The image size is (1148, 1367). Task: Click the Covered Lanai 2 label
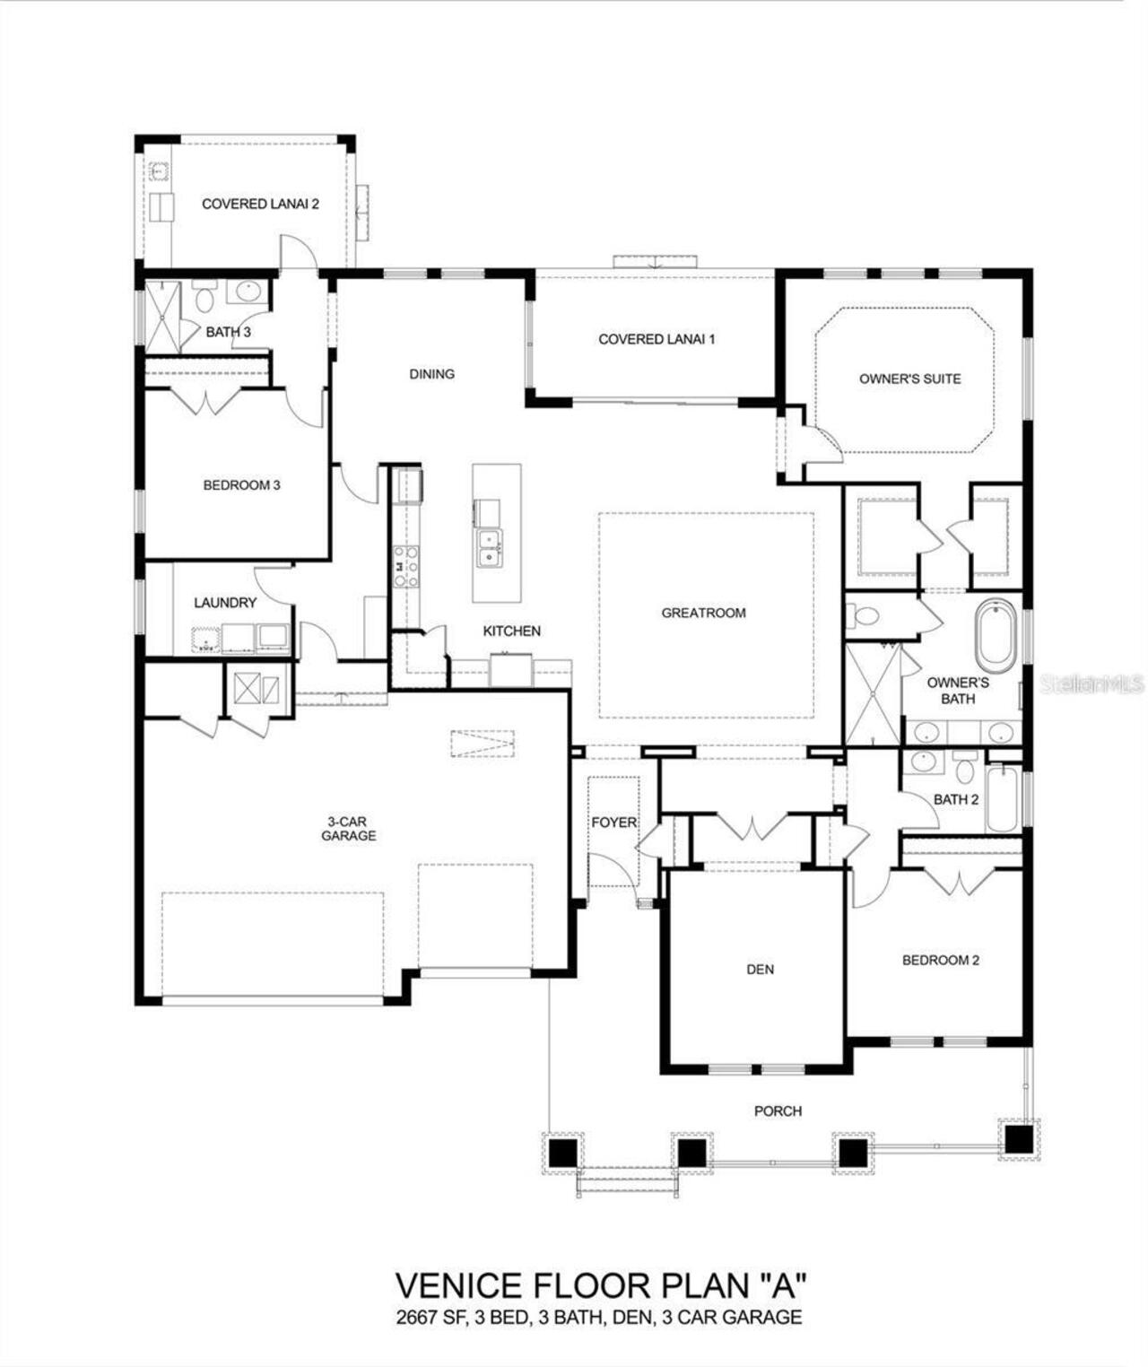click(x=260, y=204)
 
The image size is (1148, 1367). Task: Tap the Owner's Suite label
click(x=909, y=379)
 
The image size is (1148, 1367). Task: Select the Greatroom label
click(x=703, y=613)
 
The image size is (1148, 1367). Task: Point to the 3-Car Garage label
click(x=349, y=829)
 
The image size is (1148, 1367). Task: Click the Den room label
click(x=760, y=969)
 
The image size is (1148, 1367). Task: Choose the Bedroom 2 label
click(x=940, y=960)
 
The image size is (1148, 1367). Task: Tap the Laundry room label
click(x=225, y=603)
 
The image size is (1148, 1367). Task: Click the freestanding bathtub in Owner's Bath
click(x=995, y=638)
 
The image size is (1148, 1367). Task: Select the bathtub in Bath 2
click(x=1003, y=798)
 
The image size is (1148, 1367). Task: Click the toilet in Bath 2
click(x=965, y=767)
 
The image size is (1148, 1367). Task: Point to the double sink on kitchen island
click(x=489, y=547)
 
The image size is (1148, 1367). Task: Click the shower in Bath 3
click(x=163, y=316)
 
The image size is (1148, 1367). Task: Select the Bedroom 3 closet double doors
click(x=209, y=401)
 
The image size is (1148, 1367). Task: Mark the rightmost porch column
click(x=1017, y=1139)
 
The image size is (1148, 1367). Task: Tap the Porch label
click(x=778, y=1110)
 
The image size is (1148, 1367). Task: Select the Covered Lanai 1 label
click(x=657, y=339)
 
